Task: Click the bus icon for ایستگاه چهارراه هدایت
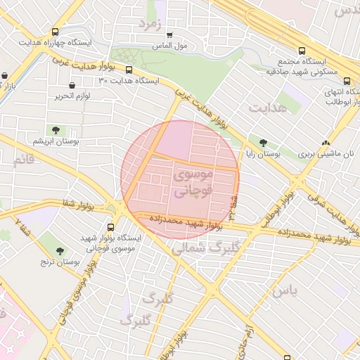tap(56, 32)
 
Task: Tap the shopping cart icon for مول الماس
tap(169, 34)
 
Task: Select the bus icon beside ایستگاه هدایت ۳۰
tap(129, 70)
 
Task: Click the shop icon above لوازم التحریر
tap(74, 85)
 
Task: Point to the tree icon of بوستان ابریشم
tap(55, 130)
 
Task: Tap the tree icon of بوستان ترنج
tap(59, 250)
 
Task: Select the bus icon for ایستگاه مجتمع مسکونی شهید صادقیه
tap(302, 51)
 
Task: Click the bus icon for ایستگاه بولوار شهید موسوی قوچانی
tap(111, 227)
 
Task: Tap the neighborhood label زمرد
tap(150, 23)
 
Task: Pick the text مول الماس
tap(169, 46)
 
